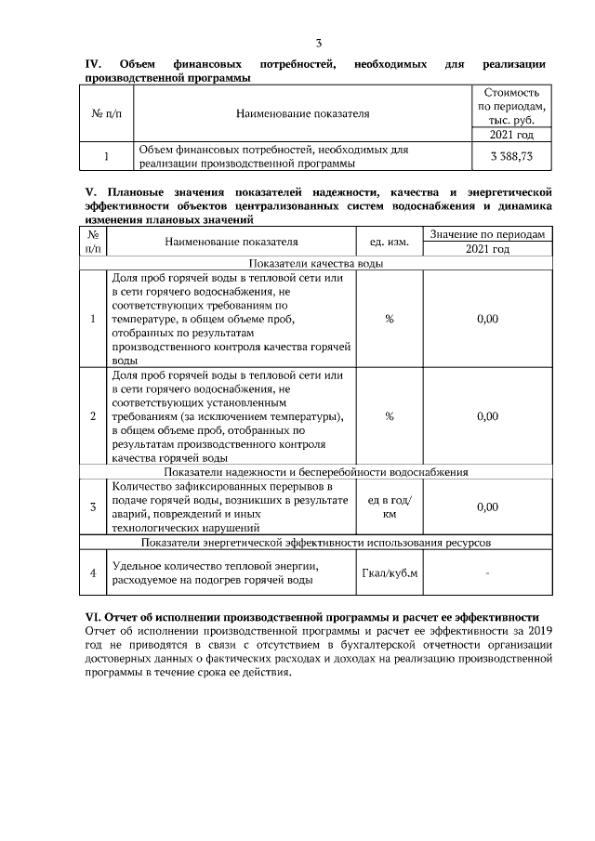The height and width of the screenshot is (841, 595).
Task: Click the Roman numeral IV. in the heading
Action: click(x=93, y=64)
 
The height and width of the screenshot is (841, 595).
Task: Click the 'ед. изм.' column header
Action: click(x=390, y=242)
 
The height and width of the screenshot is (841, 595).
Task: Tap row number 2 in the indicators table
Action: click(x=93, y=416)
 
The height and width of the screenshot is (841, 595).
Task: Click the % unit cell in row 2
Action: click(x=390, y=416)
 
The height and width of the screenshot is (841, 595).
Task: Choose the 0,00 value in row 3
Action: click(x=487, y=506)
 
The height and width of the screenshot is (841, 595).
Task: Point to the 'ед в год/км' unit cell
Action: click(x=390, y=506)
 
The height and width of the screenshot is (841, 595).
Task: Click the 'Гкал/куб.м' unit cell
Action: click(x=390, y=572)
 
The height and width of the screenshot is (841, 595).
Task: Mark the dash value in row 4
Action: click(x=487, y=572)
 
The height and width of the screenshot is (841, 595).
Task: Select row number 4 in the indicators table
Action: click(x=93, y=572)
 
